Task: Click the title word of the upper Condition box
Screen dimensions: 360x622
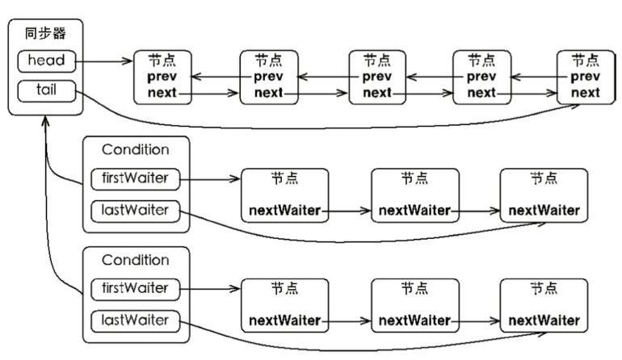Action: (x=136, y=150)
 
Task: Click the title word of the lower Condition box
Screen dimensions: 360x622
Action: (x=136, y=261)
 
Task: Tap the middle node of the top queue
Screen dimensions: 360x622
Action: (x=376, y=77)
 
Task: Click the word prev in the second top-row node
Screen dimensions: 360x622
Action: (x=269, y=77)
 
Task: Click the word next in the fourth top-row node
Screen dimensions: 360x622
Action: (x=481, y=93)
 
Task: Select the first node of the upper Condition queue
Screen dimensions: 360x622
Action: (x=284, y=195)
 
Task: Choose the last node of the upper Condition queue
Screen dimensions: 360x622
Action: (x=544, y=195)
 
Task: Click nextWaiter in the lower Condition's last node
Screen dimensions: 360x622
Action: (x=544, y=320)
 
